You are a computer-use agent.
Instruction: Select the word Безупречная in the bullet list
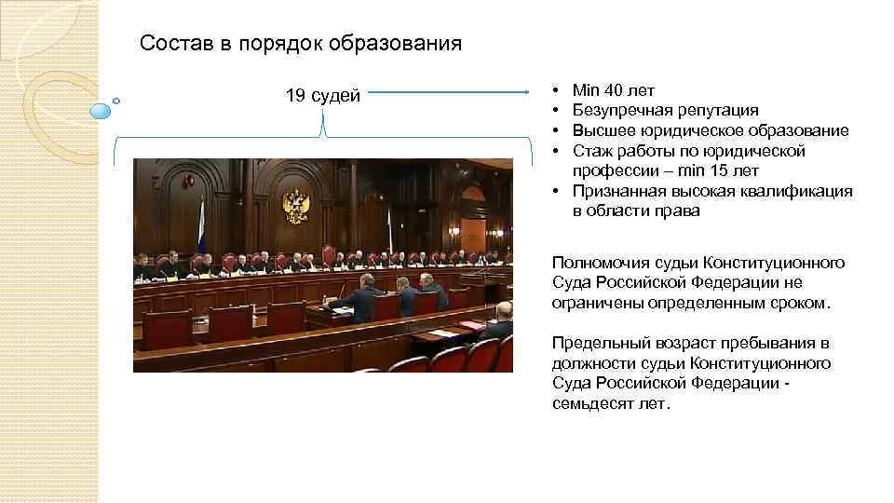(x=618, y=111)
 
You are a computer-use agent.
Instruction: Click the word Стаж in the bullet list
(x=590, y=151)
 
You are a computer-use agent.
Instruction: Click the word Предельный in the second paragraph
(x=598, y=343)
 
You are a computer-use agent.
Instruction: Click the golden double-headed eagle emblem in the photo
(x=296, y=204)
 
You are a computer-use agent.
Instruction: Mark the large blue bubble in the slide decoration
(x=100, y=111)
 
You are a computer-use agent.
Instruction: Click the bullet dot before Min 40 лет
(x=555, y=90)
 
